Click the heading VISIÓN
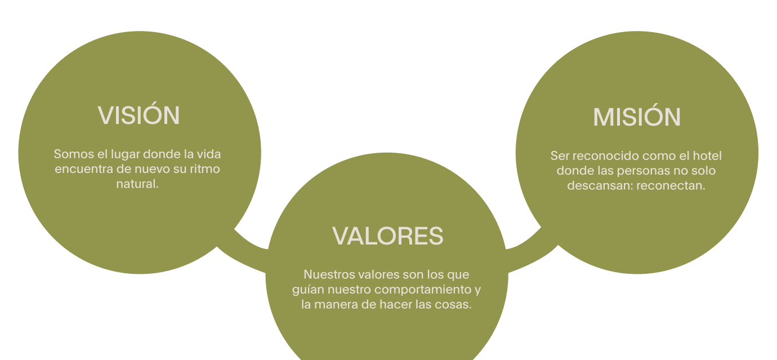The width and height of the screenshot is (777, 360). pyautogui.click(x=139, y=115)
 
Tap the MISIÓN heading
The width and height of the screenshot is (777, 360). pyautogui.click(x=637, y=117)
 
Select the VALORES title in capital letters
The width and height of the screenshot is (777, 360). pyautogui.click(x=388, y=236)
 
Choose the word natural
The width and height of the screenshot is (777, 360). pyautogui.click(x=137, y=184)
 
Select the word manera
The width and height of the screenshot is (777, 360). pyautogui.click(x=338, y=305)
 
